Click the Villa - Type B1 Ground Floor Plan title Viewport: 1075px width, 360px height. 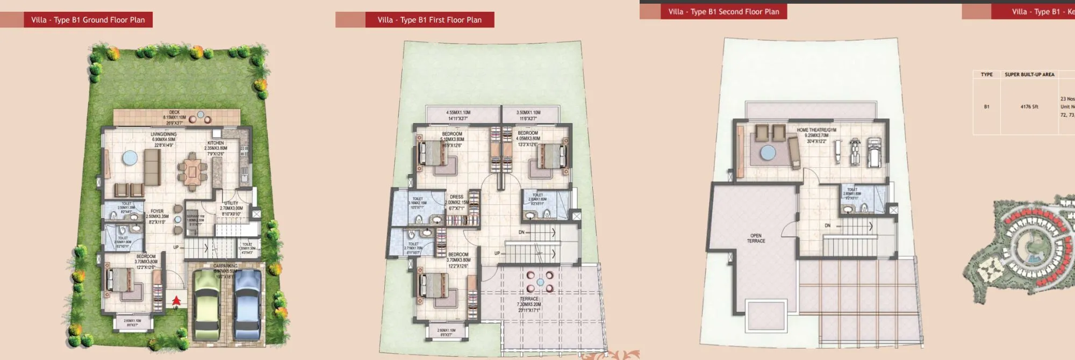[x=88, y=20]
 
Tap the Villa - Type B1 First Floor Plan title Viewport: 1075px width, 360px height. [x=429, y=20]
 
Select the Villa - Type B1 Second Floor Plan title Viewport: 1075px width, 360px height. [x=723, y=11]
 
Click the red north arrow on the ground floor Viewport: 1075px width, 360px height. [x=176, y=301]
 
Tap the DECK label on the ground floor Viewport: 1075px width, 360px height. [x=174, y=113]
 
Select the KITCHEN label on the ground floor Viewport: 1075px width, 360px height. [x=216, y=143]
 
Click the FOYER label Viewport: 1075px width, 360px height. [x=157, y=211]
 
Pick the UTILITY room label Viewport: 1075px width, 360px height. [x=231, y=203]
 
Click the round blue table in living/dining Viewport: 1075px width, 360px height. [x=130, y=158]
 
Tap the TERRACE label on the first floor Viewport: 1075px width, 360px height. [x=529, y=299]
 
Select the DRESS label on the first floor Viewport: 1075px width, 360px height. [x=456, y=197]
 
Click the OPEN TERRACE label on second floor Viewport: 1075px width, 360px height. [x=756, y=238]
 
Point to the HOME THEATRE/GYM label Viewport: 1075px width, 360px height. [x=816, y=130]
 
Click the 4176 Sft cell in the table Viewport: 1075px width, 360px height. [x=1029, y=106]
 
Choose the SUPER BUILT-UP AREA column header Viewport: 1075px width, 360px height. [x=1029, y=75]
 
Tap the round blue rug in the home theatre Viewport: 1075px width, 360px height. [x=768, y=153]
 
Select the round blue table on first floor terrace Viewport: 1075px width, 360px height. [x=540, y=282]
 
